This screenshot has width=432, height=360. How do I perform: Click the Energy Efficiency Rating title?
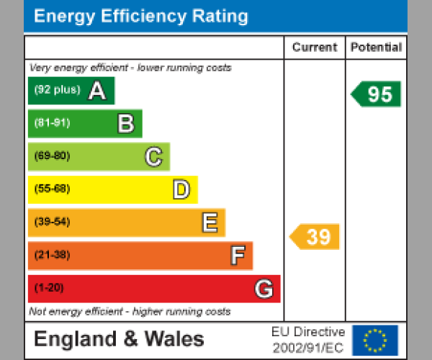coord(141,17)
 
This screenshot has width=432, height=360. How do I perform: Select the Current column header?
coord(315,48)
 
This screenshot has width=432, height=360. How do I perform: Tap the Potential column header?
coord(376,48)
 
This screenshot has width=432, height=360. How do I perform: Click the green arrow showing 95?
coord(377,94)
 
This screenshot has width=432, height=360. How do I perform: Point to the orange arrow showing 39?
coord(315,237)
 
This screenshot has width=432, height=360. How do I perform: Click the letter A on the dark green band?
coord(97,91)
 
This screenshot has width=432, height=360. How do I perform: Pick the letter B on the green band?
coord(125,124)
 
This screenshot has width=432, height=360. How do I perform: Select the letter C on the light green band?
coord(153,157)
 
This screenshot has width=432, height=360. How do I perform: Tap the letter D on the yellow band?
coord(181,190)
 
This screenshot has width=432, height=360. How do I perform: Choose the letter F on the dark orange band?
coord(237,256)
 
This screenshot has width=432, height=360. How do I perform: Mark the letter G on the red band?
coord(264,289)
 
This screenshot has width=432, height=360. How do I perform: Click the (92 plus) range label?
coord(57,90)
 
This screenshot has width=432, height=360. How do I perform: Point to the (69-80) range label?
coord(52,156)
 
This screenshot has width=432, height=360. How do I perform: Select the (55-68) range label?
coord(52,189)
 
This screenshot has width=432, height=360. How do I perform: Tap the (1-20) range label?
coord(49,288)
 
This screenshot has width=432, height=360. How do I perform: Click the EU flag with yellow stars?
coord(374,340)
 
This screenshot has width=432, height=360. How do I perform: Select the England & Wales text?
coord(119,339)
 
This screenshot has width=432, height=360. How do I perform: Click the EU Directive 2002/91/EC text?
coord(308,340)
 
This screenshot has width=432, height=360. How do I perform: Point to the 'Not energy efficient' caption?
coord(130,312)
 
